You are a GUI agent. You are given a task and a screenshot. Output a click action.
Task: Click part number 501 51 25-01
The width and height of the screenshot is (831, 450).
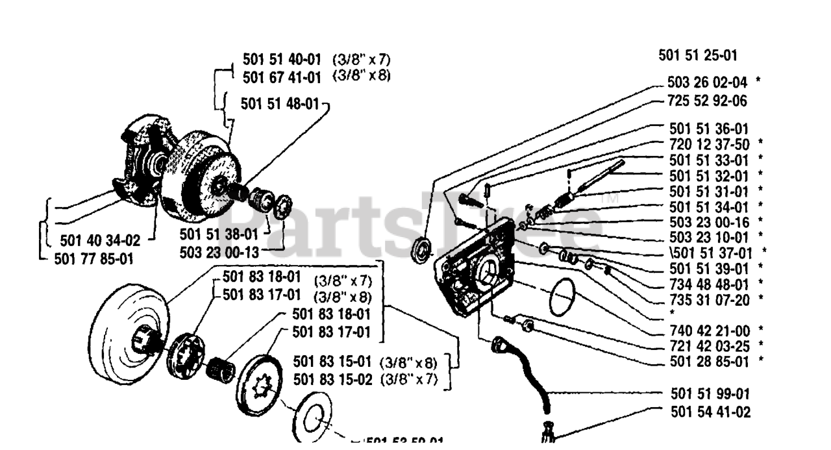tap(697, 56)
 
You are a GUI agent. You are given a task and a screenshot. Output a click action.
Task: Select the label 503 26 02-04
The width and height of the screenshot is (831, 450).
tap(706, 82)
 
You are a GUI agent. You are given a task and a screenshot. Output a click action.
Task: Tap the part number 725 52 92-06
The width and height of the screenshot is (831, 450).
tap(706, 101)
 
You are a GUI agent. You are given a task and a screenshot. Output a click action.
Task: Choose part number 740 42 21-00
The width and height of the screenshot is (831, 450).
tap(706, 331)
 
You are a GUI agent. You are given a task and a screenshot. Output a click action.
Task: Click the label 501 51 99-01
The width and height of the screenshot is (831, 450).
tap(706, 394)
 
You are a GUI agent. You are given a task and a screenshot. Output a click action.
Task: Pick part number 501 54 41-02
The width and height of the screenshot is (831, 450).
tap(706, 412)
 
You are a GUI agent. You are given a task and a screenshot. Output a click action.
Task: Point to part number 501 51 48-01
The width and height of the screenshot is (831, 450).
tap(279, 104)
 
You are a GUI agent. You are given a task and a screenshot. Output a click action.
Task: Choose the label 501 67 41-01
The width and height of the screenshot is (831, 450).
tap(282, 77)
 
